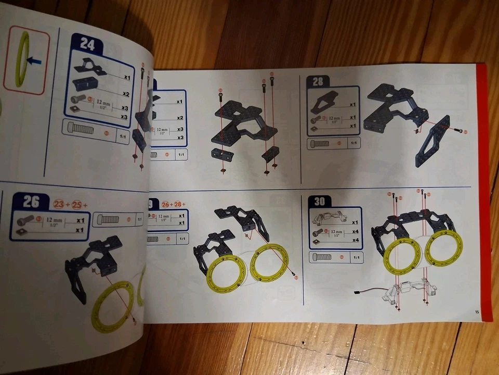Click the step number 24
coord(87,45)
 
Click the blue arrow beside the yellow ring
coord(34,61)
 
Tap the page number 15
coord(477,312)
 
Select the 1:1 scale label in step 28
coord(353,143)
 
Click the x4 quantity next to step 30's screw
coord(355,231)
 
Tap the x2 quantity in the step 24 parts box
coord(125,93)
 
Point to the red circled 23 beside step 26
coord(58,205)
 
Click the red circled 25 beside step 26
coord(77,205)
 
